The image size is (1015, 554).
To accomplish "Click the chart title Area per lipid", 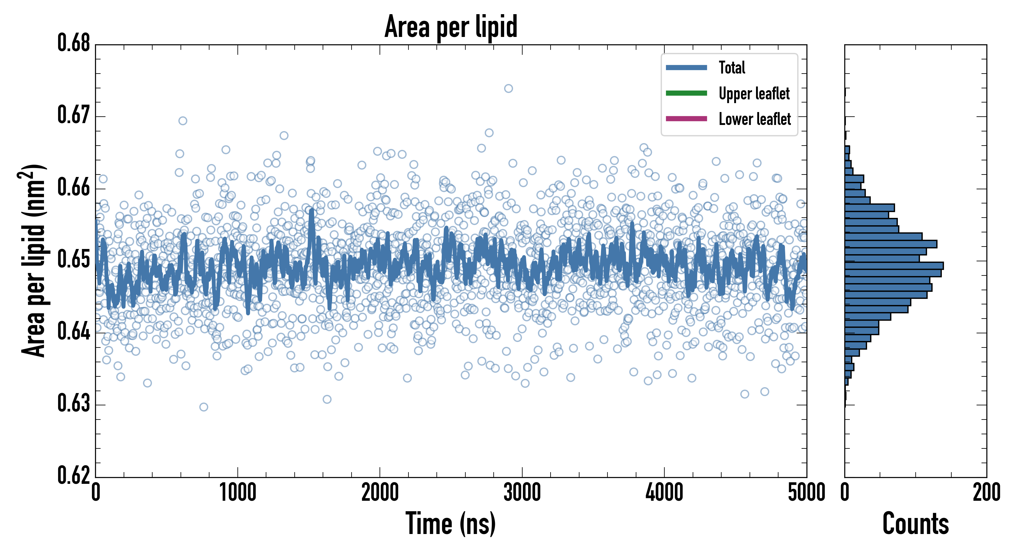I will (x=451, y=26).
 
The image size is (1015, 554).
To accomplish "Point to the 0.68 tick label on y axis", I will (x=74, y=43).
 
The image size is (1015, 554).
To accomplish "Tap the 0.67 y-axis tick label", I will (x=74, y=115).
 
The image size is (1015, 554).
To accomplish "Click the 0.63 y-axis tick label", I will (x=74, y=403).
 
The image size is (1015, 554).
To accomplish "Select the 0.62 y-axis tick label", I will (x=74, y=476).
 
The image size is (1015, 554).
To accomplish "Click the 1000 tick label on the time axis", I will (x=237, y=493).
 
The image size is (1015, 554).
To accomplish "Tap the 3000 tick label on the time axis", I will (x=522, y=493).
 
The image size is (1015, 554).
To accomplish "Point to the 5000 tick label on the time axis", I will (x=806, y=493).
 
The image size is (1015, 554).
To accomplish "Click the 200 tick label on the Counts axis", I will (x=986, y=493).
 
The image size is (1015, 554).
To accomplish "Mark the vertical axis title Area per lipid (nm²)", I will (x=34, y=260).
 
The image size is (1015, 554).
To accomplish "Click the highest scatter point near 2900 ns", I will (x=509, y=88).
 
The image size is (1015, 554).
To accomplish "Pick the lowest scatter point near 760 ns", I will (x=204, y=407).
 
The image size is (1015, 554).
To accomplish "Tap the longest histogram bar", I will (x=894, y=266).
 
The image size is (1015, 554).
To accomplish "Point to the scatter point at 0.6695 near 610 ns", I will (x=183, y=121).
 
